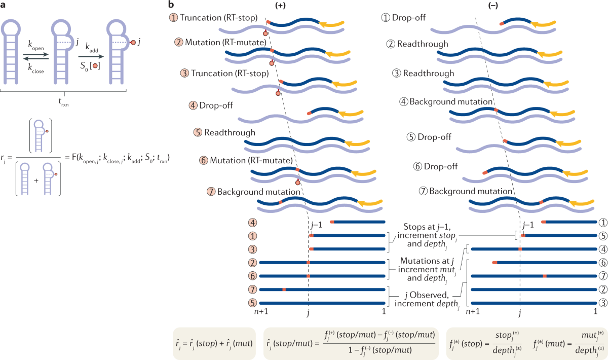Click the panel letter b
click(172, 5)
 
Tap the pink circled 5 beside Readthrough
click(198, 132)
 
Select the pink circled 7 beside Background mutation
click(211, 192)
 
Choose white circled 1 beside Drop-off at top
click(386, 17)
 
